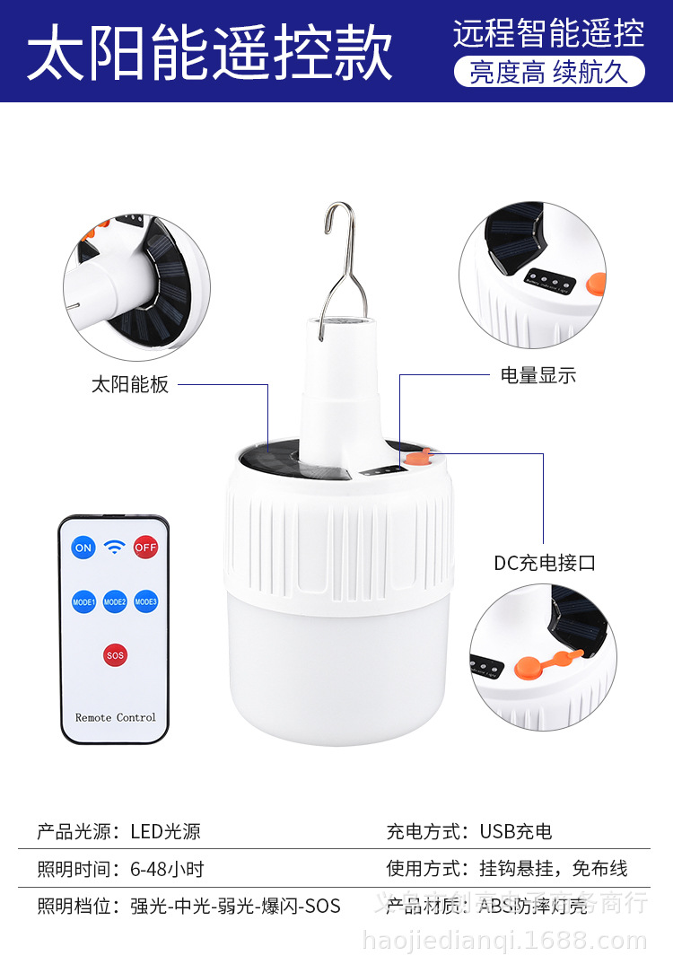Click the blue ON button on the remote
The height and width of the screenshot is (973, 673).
(x=83, y=548)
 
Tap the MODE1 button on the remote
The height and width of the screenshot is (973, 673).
(x=83, y=601)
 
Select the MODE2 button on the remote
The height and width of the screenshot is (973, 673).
(x=115, y=601)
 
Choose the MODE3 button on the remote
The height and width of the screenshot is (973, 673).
(x=146, y=601)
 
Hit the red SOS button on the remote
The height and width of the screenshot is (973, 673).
(x=115, y=655)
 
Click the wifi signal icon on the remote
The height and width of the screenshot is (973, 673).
(x=115, y=547)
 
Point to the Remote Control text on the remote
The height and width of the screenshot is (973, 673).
(x=115, y=717)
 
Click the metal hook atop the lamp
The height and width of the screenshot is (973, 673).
(x=339, y=260)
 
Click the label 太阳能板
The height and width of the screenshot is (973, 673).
(x=130, y=385)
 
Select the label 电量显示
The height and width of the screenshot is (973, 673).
(x=538, y=376)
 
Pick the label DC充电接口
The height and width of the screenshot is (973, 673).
(x=545, y=564)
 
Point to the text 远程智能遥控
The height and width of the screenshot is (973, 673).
(x=548, y=33)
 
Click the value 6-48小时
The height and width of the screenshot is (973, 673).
(x=167, y=869)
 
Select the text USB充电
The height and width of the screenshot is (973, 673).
(x=516, y=832)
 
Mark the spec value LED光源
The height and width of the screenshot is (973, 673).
(x=165, y=832)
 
